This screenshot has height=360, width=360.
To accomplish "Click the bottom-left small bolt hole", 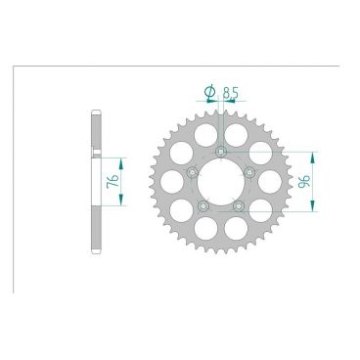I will [203, 205].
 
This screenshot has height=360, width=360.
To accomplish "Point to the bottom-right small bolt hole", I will [240, 205].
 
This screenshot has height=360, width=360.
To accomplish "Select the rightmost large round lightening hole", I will [273, 181].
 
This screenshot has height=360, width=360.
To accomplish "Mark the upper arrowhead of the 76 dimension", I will [121, 157].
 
